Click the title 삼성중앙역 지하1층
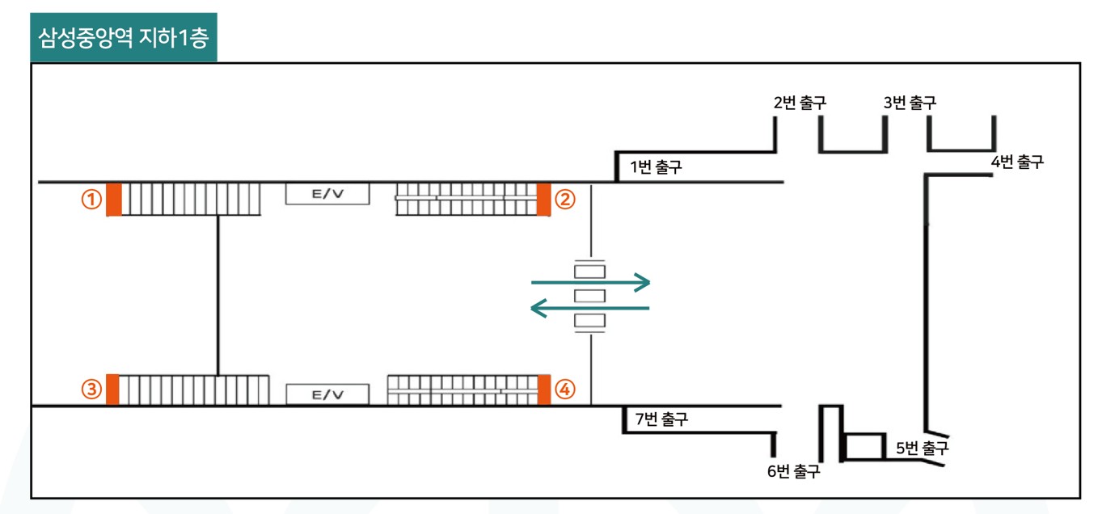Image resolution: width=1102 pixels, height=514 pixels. (124, 37)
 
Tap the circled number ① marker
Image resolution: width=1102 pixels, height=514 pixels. (91, 200)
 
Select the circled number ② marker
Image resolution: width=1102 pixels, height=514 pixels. (565, 200)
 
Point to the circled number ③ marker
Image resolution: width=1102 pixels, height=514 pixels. (91, 389)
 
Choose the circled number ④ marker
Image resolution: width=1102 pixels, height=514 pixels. (565, 389)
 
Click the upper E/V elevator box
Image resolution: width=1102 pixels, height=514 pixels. (327, 194)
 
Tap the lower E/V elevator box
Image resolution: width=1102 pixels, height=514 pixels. (327, 394)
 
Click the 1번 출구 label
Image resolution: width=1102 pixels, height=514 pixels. (656, 167)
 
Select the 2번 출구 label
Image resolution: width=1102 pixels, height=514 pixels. (800, 103)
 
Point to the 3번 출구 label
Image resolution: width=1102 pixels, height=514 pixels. (910, 103)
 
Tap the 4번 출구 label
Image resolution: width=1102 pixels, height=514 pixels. (1017, 162)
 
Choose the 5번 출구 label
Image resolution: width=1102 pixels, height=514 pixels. (922, 448)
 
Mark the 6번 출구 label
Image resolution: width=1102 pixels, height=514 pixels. (793, 471)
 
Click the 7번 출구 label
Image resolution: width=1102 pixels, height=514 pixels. (661, 419)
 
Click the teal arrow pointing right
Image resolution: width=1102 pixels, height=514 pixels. (591, 282)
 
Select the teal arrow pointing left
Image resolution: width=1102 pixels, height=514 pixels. (590, 309)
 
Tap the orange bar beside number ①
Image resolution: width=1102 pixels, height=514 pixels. (114, 199)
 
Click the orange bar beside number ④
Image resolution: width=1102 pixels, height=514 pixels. (543, 390)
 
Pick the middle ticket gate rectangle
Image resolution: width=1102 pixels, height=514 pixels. (590, 296)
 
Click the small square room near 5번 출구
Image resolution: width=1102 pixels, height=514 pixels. (863, 447)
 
